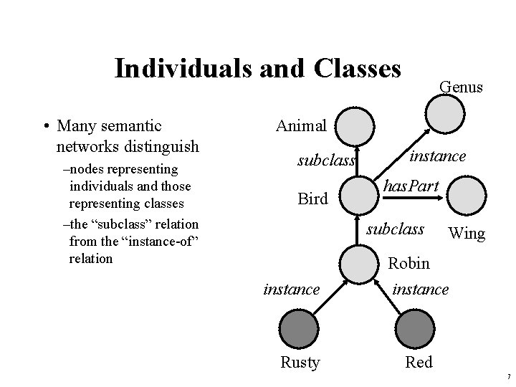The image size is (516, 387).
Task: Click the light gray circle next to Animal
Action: pos(355,127)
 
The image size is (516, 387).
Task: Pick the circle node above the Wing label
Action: pos(471,195)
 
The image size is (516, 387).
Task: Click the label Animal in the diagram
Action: pos(301,126)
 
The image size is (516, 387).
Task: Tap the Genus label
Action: pos(461,87)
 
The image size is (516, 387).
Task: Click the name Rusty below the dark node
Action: pos(300,363)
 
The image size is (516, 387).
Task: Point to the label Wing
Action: pos(466,234)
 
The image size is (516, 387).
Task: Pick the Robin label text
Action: pos(408,263)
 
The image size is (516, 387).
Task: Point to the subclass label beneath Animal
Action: pos(327,161)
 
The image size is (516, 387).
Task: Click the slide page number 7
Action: pos(507,377)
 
